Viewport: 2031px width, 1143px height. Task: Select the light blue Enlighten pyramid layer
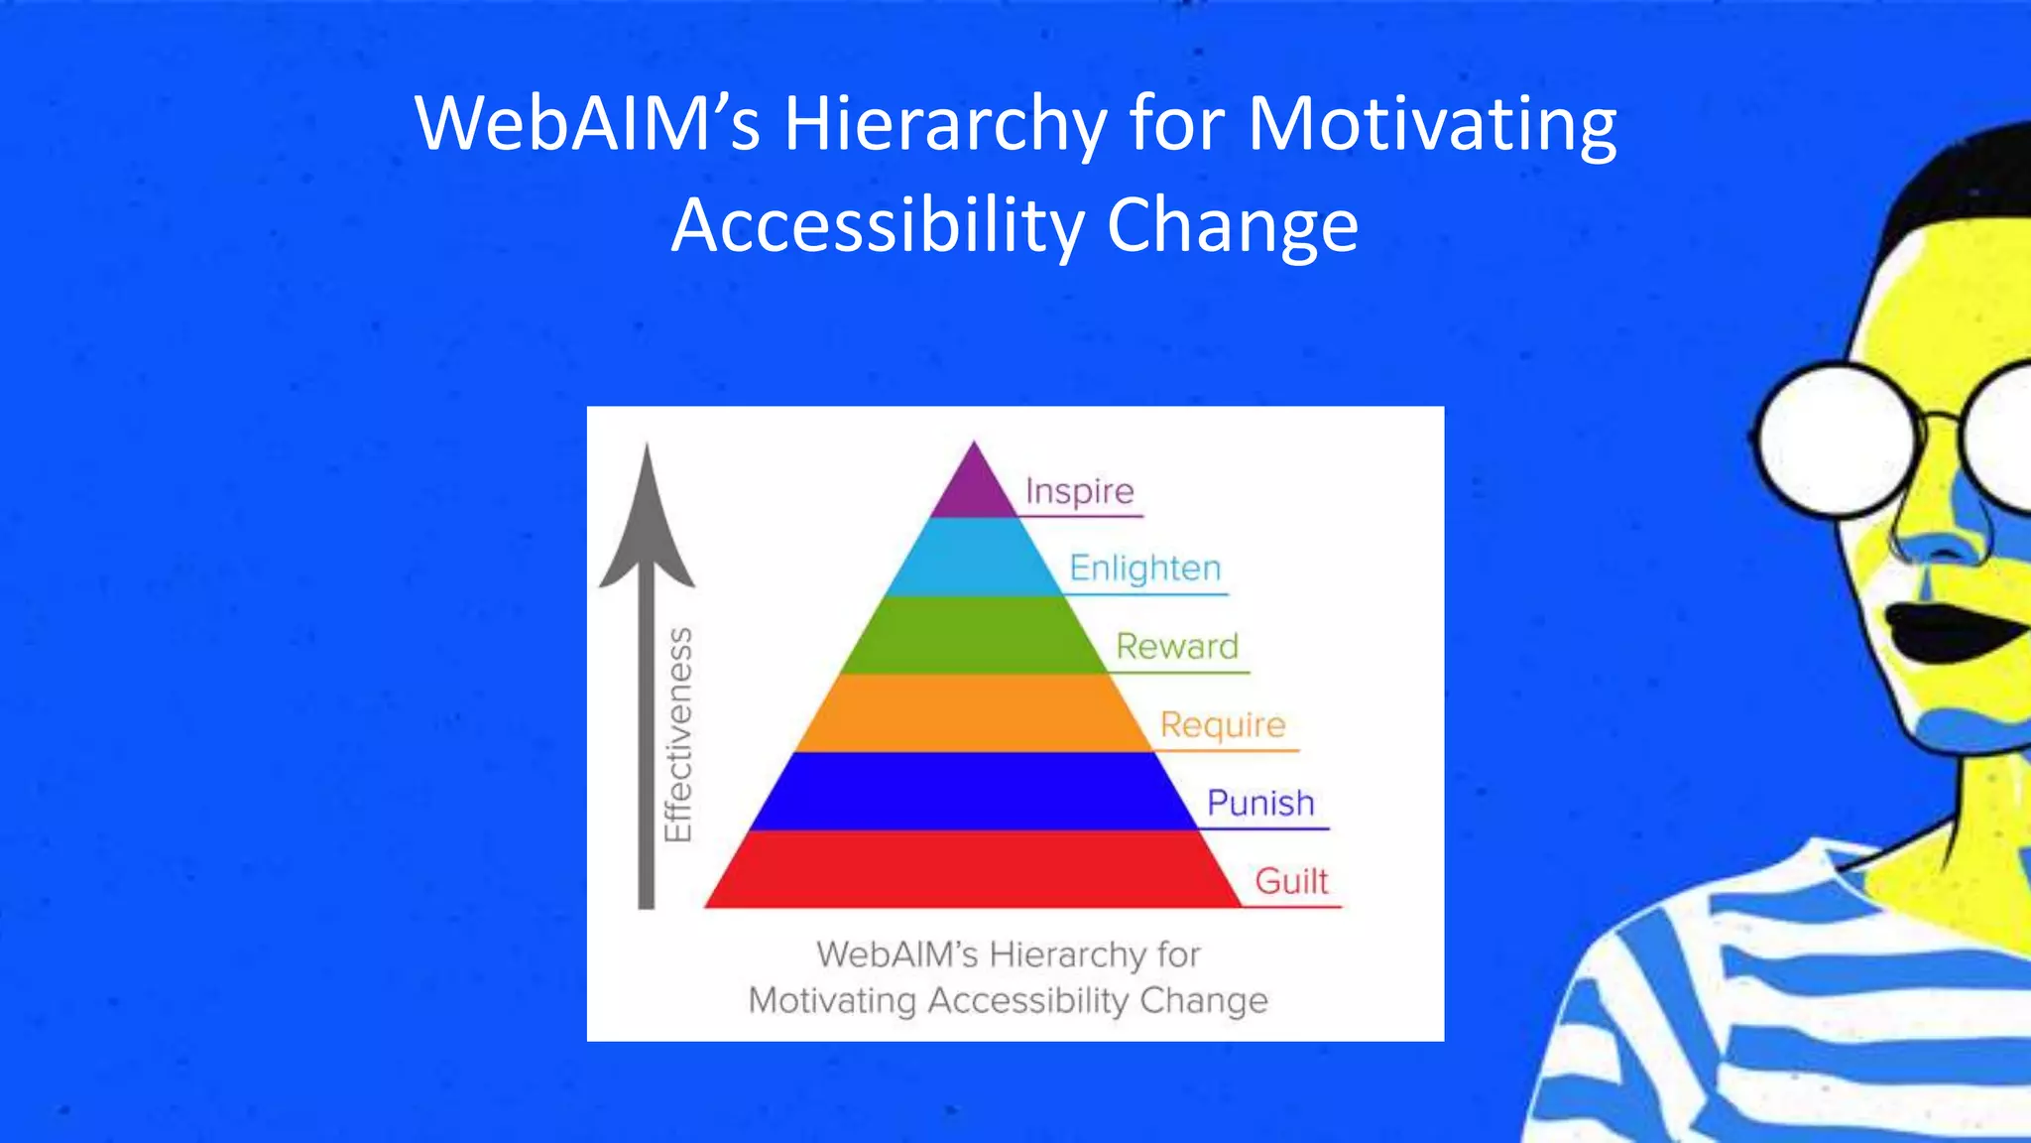click(x=974, y=558)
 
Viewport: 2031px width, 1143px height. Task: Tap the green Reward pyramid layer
click(x=974, y=635)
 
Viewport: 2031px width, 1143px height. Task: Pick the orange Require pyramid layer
click(x=974, y=713)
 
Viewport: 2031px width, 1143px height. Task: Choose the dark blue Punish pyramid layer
click(x=974, y=792)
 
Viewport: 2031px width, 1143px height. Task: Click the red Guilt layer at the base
click(x=974, y=870)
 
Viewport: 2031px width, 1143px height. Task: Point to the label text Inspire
click(x=1079, y=491)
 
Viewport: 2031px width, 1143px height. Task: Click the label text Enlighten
click(x=1144, y=569)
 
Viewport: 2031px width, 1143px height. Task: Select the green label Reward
click(x=1177, y=647)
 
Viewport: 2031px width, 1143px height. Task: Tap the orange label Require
click(x=1223, y=725)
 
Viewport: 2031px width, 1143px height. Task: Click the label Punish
click(x=1260, y=803)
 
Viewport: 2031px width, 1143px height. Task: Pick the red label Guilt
click(x=1291, y=881)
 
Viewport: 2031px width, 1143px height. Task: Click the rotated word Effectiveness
click(x=678, y=734)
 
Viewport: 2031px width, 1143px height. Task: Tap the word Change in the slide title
click(x=1232, y=226)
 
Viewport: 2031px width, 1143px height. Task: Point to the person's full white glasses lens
click(x=1840, y=440)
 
